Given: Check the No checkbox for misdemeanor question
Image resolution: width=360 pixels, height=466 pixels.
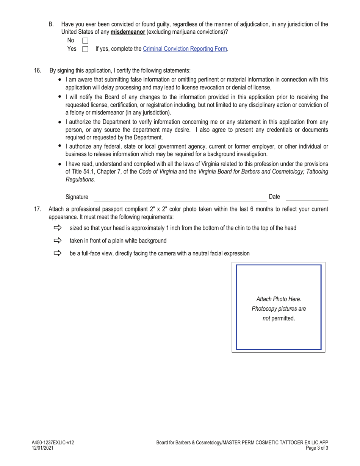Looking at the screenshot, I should (x=85, y=41).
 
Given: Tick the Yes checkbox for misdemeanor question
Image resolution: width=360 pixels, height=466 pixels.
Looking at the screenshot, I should (x=85, y=49).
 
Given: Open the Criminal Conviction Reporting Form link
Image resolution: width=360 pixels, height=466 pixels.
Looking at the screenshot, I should (x=185, y=49).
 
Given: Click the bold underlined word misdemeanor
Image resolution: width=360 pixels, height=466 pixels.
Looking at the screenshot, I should (x=128, y=32).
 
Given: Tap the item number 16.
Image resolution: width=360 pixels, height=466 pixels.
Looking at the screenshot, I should (x=38, y=70).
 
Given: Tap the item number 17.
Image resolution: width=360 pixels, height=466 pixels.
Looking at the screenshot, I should (x=38, y=209).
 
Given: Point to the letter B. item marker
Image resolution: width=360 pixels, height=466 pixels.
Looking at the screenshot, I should (x=51, y=24).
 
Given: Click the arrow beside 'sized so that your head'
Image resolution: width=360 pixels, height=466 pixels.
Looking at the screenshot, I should (x=58, y=228).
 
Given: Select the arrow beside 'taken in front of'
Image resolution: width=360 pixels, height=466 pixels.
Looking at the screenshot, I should (x=58, y=240).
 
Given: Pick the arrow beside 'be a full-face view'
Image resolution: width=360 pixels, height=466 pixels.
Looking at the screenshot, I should (x=58, y=253).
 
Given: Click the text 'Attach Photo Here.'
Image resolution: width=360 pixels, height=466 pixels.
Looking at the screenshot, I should (x=279, y=299).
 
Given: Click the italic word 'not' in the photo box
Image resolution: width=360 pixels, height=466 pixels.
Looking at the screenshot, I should (x=266, y=318).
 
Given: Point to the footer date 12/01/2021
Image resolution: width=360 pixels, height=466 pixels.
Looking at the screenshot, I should (x=42, y=448).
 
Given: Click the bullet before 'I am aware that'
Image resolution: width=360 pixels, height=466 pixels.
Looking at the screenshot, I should (x=60, y=80).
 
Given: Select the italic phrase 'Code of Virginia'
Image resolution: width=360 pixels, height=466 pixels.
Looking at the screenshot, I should (x=158, y=172).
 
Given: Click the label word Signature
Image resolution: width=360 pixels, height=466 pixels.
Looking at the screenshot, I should (x=77, y=197).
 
